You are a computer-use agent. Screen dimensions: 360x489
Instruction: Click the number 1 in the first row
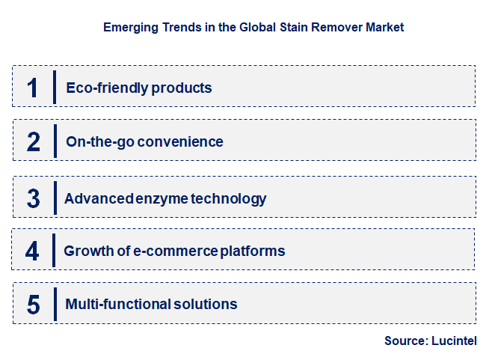[32, 87]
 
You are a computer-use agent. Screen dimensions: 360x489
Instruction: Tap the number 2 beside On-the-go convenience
[33, 141]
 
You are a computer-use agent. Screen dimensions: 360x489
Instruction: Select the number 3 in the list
[33, 198]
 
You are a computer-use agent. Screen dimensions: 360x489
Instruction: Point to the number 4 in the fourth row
[32, 251]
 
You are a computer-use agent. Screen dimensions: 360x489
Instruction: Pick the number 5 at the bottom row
[33, 305]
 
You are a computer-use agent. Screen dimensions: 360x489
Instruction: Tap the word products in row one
[182, 88]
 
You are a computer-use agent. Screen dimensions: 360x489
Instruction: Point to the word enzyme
[162, 198]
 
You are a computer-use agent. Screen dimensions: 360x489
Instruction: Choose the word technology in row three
[228, 198]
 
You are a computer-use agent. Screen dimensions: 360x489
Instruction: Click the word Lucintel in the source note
[455, 341]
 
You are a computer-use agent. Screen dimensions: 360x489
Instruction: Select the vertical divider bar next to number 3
[55, 198]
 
